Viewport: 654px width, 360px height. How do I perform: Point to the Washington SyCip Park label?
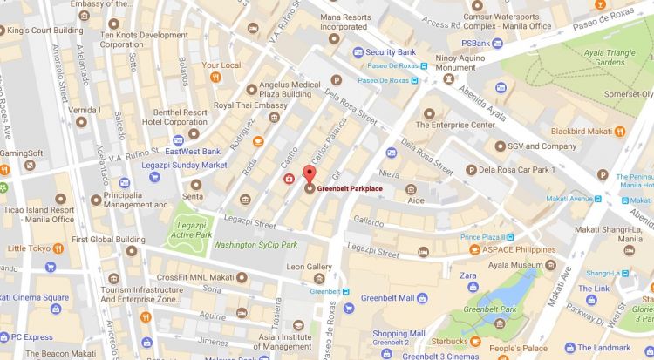pyautogui.click(x=255, y=245)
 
